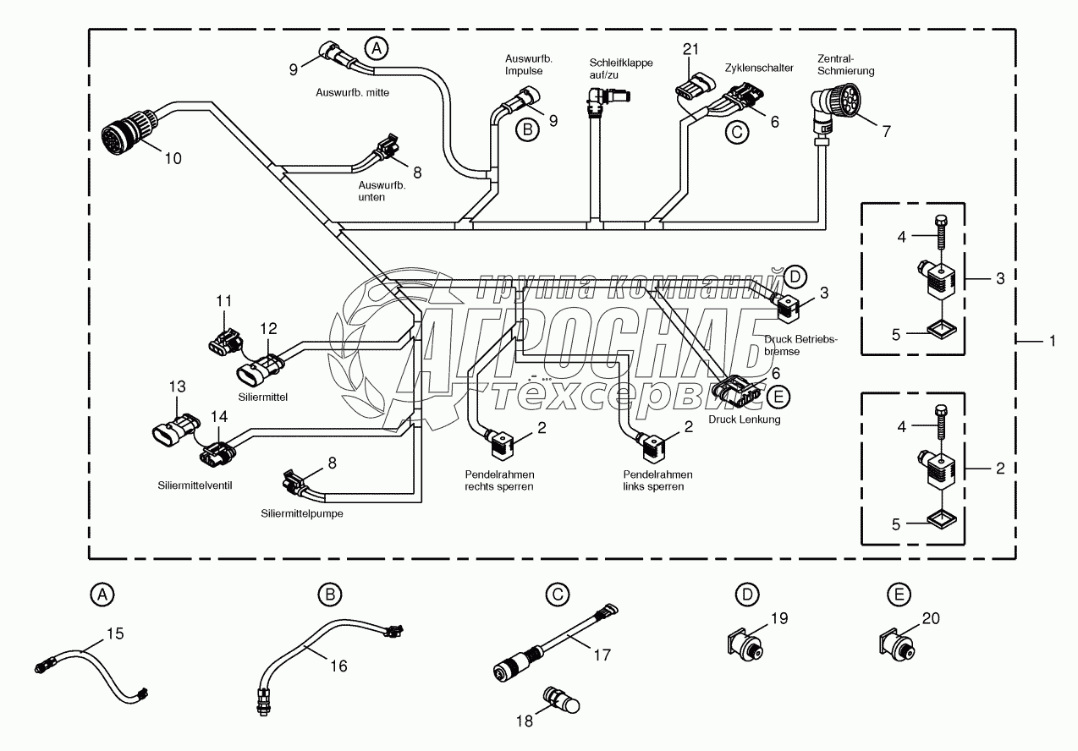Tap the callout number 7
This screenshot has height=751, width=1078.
tap(886, 131)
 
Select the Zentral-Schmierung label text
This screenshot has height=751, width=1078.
tap(845, 65)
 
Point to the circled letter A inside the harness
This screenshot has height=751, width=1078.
tap(378, 49)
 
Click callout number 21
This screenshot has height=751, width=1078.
tap(690, 50)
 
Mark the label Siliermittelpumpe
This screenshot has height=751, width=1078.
tap(302, 513)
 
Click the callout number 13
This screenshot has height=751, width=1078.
tap(176, 386)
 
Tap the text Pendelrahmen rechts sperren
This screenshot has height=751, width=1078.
tap(499, 480)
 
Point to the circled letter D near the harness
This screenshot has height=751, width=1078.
tap(795, 275)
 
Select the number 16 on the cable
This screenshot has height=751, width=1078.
tap(338, 666)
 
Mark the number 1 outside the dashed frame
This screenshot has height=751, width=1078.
tap(1052, 341)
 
